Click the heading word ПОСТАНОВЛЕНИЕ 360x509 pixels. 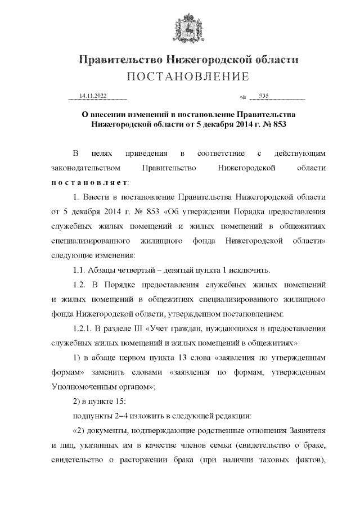pyautogui.click(x=179, y=76)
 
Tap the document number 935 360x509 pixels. pyautogui.click(x=264, y=96)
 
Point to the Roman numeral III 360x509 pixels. pyautogui.click(x=149, y=328)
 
